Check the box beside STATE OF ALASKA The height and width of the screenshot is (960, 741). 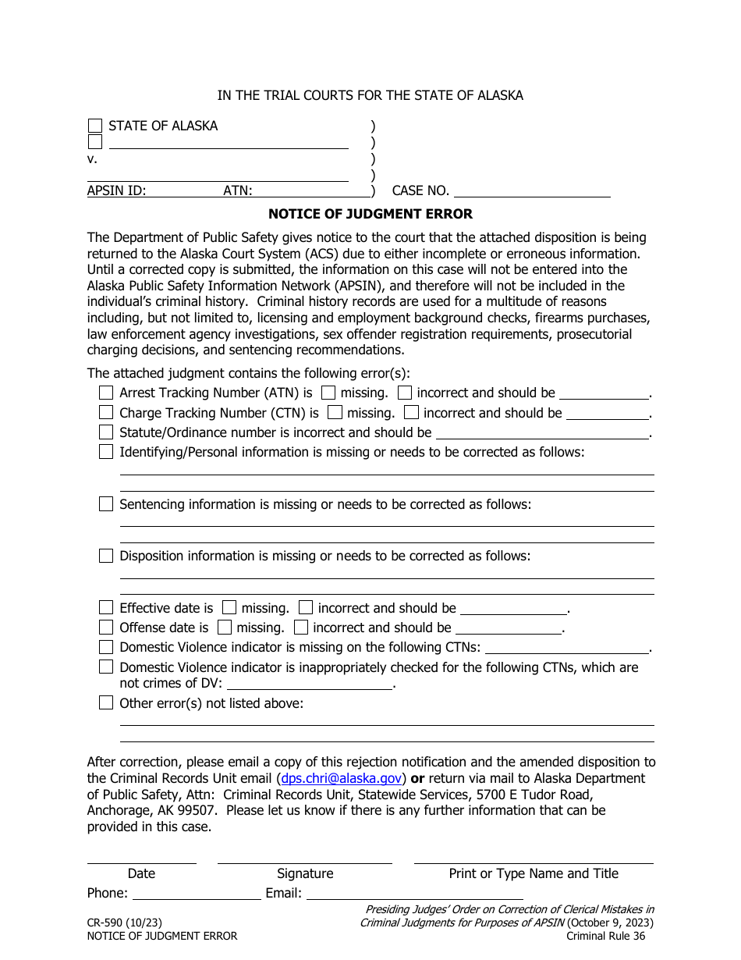(x=95, y=126)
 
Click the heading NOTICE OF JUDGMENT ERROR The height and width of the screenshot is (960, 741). (x=370, y=214)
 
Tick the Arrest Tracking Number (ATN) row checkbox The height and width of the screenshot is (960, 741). (x=106, y=393)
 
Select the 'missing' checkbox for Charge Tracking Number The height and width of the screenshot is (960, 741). (x=335, y=412)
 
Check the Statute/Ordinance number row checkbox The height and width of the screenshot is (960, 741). (x=106, y=432)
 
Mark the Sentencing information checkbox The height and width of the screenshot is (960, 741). (x=106, y=504)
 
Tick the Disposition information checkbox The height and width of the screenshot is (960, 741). (x=106, y=556)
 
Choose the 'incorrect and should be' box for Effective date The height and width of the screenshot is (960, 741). (x=307, y=607)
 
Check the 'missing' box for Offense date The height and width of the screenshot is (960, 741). (x=225, y=627)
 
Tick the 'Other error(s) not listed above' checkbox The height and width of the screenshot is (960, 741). (x=106, y=702)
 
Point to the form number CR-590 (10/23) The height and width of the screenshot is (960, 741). (x=125, y=923)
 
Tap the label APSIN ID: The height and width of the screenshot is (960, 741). (x=117, y=190)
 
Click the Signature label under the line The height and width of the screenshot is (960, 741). (x=305, y=873)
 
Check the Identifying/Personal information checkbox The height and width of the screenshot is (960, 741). (x=106, y=451)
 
